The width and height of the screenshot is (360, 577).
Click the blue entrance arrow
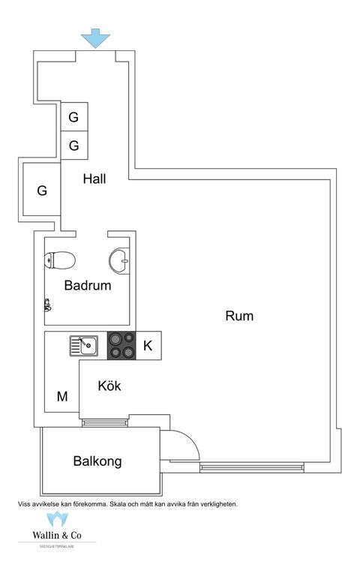[x=95, y=38]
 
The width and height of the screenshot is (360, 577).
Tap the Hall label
[x=94, y=179]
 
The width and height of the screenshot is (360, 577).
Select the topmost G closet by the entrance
[x=73, y=117]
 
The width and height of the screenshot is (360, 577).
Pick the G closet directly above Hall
[x=73, y=145]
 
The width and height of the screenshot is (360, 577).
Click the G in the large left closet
[x=42, y=191]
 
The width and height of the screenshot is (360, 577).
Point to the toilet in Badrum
[x=60, y=260]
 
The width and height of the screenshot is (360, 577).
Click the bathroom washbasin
[x=118, y=260]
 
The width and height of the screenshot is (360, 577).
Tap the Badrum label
[x=88, y=285]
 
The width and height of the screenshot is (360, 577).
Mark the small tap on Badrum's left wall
[x=47, y=305]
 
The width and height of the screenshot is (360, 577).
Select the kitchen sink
[x=83, y=346]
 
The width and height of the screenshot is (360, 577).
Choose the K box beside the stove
[x=148, y=346]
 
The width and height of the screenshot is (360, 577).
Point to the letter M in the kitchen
[x=62, y=395]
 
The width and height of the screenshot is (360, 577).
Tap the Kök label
[x=109, y=386]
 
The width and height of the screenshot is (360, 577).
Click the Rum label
[x=239, y=316]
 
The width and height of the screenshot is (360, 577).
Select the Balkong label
[x=97, y=461]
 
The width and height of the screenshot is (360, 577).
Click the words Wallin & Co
[x=57, y=536]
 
